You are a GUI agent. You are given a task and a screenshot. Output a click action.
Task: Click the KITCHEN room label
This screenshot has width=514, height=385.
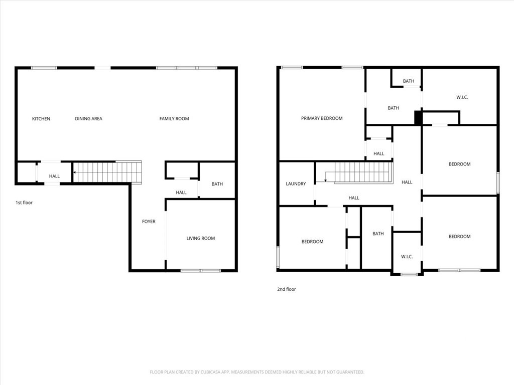[41, 118]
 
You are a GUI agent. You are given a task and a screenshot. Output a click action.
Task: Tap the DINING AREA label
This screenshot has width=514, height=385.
[88, 118]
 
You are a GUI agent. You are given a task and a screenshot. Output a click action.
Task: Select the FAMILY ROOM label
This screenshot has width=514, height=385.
[174, 118]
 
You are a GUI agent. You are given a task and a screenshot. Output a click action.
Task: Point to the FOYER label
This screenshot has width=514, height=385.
[149, 221]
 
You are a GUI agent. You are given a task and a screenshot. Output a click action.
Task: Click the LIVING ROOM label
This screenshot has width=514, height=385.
[201, 238]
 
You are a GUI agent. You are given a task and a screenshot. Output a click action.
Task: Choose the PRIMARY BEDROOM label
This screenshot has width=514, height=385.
[322, 118]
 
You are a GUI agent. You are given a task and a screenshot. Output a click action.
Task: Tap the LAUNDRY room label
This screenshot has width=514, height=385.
[296, 183]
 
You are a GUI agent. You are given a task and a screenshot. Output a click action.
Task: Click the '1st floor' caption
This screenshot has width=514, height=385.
[24, 203]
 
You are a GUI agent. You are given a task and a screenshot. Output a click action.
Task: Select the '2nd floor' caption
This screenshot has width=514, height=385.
[287, 289]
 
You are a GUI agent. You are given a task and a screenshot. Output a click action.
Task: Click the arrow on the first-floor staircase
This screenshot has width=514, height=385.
[76, 172]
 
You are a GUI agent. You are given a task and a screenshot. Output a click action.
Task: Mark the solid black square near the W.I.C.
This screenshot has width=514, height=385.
[418, 118]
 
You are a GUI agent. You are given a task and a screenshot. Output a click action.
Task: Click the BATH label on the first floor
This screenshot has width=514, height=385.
[217, 184]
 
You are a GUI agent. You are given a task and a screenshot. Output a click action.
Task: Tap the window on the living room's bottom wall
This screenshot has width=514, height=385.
[201, 270]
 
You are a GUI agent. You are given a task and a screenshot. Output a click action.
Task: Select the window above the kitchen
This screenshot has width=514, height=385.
[44, 68]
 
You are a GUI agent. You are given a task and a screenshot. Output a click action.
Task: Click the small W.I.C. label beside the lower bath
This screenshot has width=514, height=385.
[407, 256]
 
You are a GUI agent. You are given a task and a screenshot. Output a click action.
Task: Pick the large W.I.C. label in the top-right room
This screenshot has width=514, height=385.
[462, 97]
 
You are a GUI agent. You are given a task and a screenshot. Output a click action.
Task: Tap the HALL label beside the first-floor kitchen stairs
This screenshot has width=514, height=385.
[54, 176]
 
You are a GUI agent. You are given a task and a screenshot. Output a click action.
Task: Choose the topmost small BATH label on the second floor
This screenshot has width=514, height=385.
[409, 81]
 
